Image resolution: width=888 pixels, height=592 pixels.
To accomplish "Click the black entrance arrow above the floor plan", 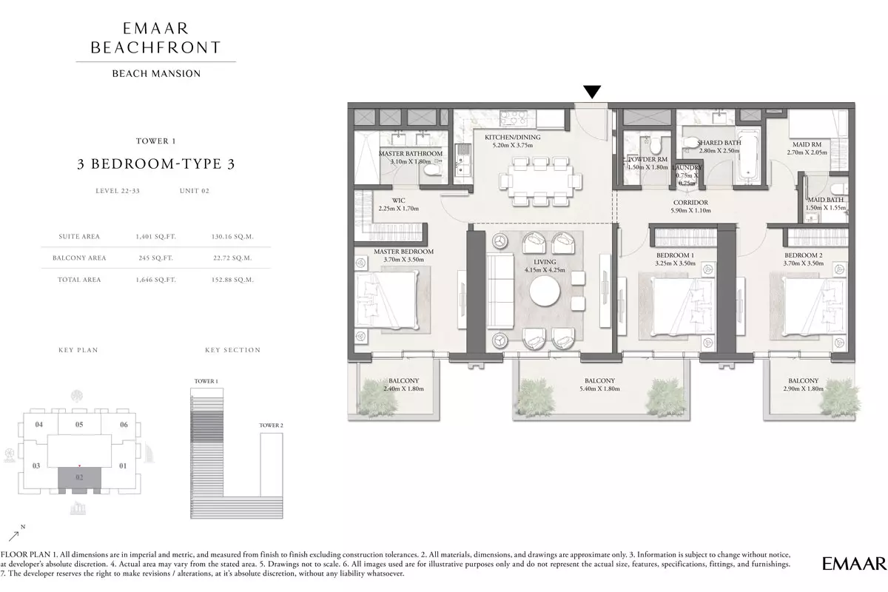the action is [592, 91].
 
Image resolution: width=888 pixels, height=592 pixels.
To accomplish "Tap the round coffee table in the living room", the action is [545, 291].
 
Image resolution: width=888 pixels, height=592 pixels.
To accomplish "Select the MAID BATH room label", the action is [826, 200].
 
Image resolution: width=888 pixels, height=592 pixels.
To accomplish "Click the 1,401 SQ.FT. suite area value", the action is [156, 237].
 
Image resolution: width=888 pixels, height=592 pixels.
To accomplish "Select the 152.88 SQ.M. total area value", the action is [232, 280].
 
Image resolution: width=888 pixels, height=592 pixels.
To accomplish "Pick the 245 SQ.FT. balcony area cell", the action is [156, 258].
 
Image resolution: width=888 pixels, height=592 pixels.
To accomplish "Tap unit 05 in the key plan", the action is [79, 424].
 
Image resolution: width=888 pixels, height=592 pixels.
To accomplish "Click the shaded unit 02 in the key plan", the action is [79, 477].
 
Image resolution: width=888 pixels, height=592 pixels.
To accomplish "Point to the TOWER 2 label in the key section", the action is [271, 425].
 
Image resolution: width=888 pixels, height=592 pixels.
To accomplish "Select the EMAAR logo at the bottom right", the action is [854, 563].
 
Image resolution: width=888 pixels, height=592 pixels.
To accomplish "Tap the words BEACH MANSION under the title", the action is [157, 74].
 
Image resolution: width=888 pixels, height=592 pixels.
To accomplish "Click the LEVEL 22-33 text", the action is [118, 191].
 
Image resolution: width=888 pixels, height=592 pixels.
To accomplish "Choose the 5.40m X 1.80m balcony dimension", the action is [599, 388].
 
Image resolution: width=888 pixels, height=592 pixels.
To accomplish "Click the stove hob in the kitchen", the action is [512, 118].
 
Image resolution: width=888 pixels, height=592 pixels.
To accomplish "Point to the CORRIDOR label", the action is [690, 203].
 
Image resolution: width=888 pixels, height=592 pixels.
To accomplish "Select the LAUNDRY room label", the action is [687, 168].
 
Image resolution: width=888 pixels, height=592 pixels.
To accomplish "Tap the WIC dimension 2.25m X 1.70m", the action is [398, 209].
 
